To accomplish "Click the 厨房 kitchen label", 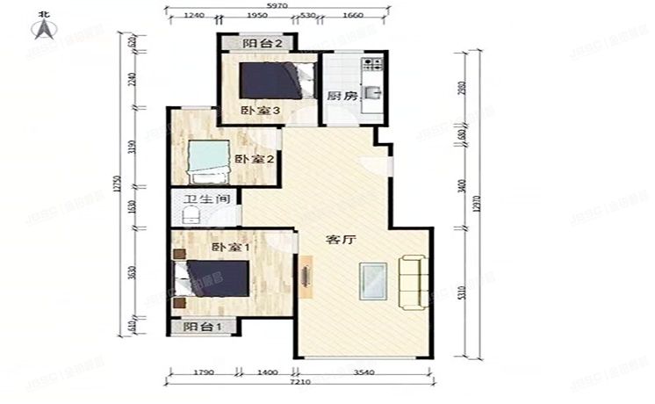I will (342, 97).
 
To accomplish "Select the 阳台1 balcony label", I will (201, 328).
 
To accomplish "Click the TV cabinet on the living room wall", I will (306, 277).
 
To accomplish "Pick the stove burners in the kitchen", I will (373, 64).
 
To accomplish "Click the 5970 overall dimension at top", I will (278, 7).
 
